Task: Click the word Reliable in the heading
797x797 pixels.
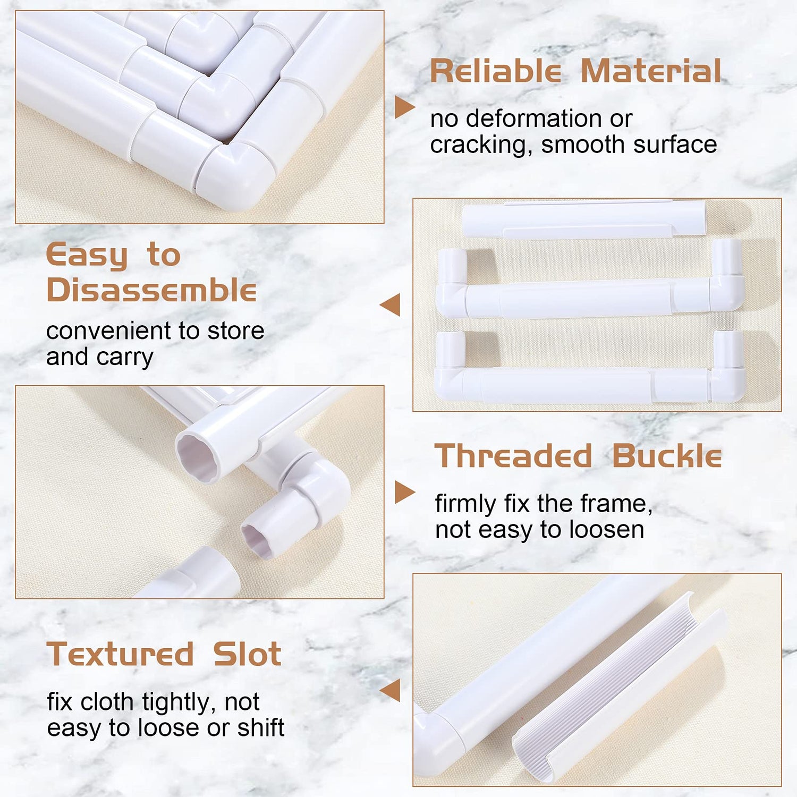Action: coord(495,71)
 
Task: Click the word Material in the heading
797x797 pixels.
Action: coord(651,71)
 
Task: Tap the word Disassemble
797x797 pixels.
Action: coord(151,290)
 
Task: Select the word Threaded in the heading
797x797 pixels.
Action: coord(513,456)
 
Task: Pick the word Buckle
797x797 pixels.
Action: coord(667,456)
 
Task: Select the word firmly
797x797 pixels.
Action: coord(465,503)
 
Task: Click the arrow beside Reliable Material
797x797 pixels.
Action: coord(404,107)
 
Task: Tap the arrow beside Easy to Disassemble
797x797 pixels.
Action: coord(390,305)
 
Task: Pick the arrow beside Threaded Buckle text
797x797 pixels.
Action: coord(404,492)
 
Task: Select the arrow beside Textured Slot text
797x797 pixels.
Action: coord(390,690)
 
